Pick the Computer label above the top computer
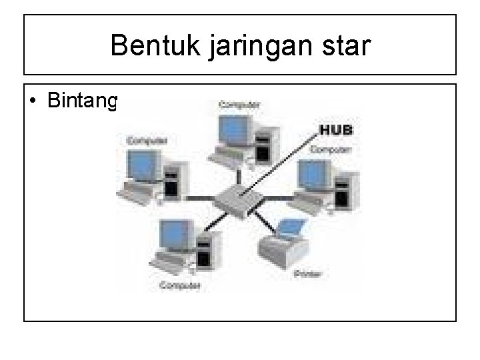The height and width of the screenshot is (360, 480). [x=241, y=105]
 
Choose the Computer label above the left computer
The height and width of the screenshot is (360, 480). [x=147, y=141]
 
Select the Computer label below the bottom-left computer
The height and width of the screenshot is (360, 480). [x=181, y=287]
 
